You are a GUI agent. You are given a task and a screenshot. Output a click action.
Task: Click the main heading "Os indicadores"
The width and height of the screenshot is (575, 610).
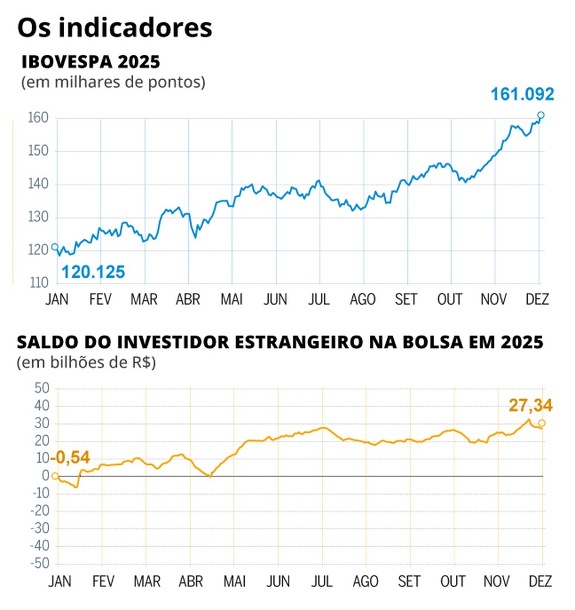(114, 27)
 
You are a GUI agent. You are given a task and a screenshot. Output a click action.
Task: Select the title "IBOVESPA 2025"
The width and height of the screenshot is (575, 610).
(91, 62)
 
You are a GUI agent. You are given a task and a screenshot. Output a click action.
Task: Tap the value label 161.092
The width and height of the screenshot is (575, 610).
(521, 94)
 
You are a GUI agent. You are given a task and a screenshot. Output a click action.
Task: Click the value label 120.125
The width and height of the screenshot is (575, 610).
(93, 272)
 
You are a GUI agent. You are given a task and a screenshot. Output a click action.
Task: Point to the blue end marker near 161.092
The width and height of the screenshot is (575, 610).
(541, 115)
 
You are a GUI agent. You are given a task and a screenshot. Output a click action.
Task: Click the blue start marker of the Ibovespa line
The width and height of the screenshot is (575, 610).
(55, 247)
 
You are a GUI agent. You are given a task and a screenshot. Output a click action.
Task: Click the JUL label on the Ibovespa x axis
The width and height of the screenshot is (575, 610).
(319, 299)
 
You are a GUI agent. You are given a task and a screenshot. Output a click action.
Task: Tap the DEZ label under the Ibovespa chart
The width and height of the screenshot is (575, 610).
(537, 299)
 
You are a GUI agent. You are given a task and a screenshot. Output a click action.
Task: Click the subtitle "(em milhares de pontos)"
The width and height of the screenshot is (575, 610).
(113, 82)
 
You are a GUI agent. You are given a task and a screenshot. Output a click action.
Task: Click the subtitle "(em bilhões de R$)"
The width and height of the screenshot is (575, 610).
(86, 363)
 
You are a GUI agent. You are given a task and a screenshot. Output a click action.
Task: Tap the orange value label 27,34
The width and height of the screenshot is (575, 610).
(530, 405)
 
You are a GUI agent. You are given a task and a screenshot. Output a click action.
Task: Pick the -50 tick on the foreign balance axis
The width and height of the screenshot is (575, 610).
(41, 564)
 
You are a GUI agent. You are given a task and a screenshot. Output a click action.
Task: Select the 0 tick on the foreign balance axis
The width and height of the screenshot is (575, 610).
(46, 476)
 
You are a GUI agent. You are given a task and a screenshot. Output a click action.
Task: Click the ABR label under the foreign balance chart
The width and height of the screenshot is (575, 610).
(189, 581)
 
